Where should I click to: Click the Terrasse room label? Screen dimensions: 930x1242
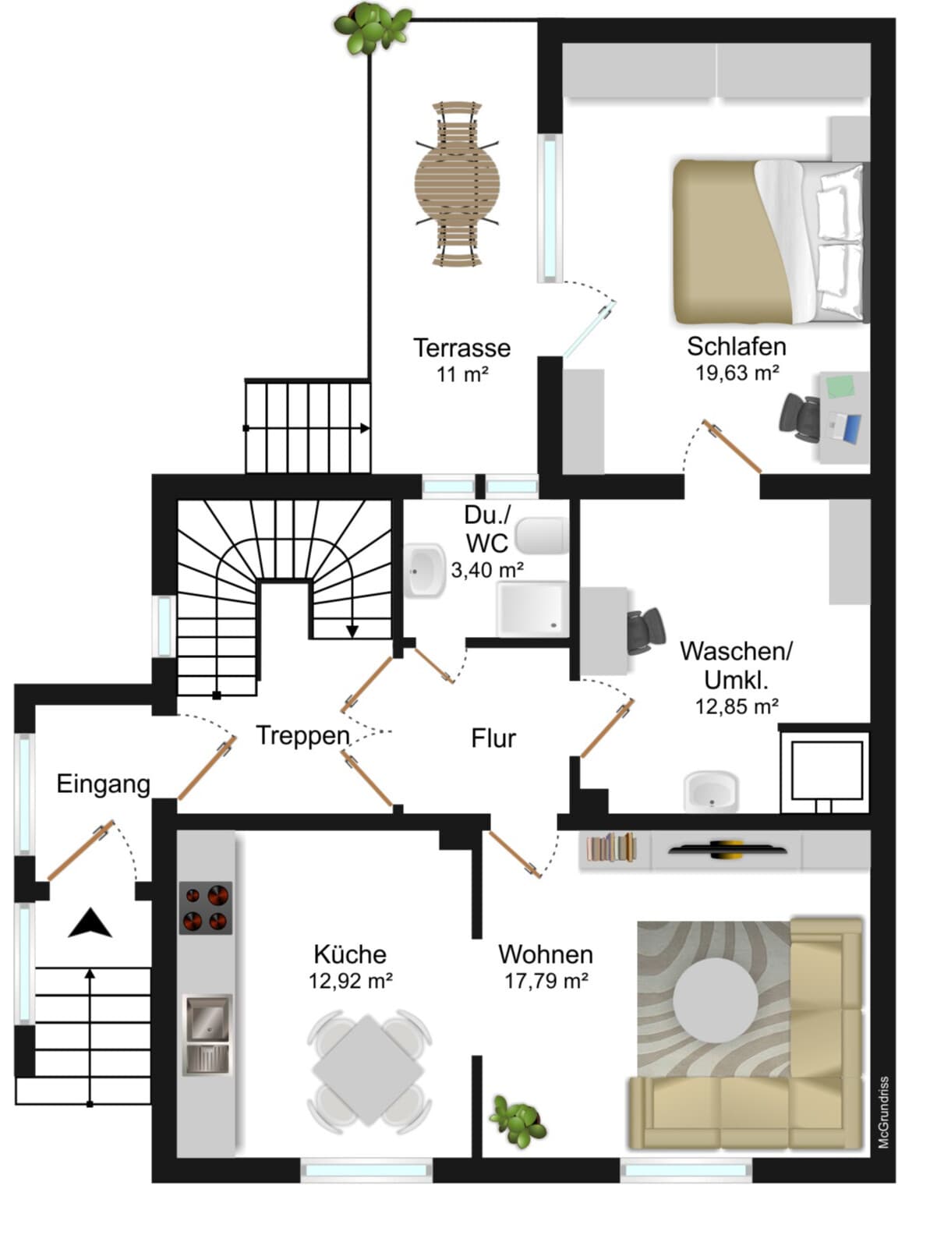pos(461,348)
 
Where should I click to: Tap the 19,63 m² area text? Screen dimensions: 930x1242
pos(737,373)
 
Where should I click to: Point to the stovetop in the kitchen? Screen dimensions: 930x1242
pos(206,908)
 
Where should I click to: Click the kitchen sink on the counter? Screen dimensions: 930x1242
pos(207,1035)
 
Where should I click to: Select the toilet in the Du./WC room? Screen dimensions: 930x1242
pos(542,536)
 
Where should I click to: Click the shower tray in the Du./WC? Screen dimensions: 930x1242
pos(532,609)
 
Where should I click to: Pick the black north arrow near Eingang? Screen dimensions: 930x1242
pos(90,923)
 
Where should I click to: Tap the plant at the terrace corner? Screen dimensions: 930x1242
pos(372,28)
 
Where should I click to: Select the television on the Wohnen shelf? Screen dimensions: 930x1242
pos(727,848)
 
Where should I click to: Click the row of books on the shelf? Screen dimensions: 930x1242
pos(611,847)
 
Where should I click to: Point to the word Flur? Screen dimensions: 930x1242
pos(493,738)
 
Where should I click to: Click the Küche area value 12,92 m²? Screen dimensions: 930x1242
pos(351,981)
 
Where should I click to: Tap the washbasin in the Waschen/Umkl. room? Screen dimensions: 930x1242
pos(711,791)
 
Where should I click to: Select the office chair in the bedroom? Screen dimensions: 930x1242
pos(799,418)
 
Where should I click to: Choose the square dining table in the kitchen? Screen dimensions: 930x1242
pos(368,1070)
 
